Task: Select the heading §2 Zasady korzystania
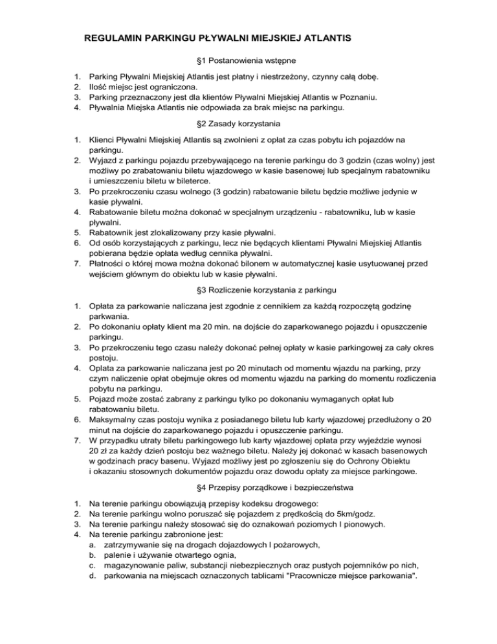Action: point(248,121)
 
